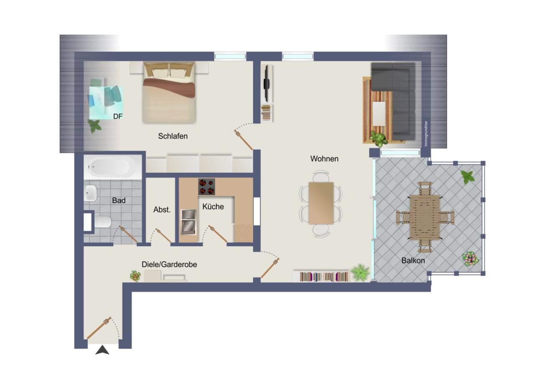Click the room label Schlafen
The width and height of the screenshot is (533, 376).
point(173,136)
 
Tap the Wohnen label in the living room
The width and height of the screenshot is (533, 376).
point(324,158)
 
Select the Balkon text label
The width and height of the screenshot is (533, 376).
point(413,261)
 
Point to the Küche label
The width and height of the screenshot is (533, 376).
point(213,206)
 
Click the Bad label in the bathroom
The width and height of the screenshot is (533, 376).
point(119,201)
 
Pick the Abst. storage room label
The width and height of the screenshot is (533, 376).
point(162,210)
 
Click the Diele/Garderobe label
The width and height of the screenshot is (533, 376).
point(169,264)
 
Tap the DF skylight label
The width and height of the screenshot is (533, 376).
point(118,116)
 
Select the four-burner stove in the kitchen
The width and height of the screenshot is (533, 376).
point(207,187)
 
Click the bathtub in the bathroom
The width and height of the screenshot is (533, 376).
point(113,168)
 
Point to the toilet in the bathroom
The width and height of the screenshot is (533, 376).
point(103,222)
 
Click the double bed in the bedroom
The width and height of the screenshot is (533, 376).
point(169,93)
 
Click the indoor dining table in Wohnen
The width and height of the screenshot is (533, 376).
point(321,203)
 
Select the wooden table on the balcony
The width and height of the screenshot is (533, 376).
point(425,218)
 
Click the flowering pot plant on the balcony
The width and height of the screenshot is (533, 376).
point(470,259)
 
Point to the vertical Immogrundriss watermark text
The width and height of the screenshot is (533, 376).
point(426,134)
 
